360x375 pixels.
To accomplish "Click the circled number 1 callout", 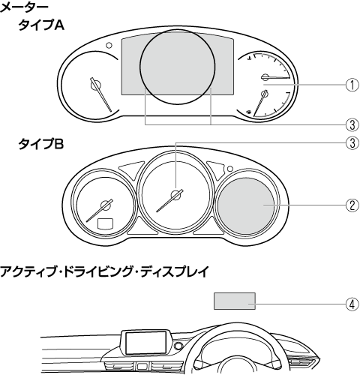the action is coord(352,85).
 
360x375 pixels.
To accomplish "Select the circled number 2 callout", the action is coord(352,205).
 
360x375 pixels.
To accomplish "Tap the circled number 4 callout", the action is coord(352,304).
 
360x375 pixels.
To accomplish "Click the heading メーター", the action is coord(24,7).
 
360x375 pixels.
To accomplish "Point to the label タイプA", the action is coord(41,25).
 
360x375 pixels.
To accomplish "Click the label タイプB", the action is coord(41,144).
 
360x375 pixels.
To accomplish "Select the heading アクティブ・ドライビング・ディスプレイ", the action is coord(104,271).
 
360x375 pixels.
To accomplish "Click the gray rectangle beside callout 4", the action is coord(235,301).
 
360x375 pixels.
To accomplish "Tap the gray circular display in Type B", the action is coord(246,206).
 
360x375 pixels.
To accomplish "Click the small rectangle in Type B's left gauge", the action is coord(105,223).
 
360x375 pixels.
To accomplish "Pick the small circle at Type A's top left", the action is coord(109,45).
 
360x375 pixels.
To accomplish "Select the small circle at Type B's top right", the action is coord(230,169).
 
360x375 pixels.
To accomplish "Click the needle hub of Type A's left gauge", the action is coord(96,85).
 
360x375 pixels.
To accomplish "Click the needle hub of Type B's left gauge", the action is coord(106,205).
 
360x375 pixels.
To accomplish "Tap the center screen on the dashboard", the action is coord(146,343).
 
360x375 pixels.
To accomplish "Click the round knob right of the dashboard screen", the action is coord(178,346).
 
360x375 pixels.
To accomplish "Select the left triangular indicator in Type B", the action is coord(131,169).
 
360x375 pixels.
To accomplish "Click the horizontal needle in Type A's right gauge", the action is coord(275,77).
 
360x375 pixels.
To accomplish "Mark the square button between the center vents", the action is coord(142,367).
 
